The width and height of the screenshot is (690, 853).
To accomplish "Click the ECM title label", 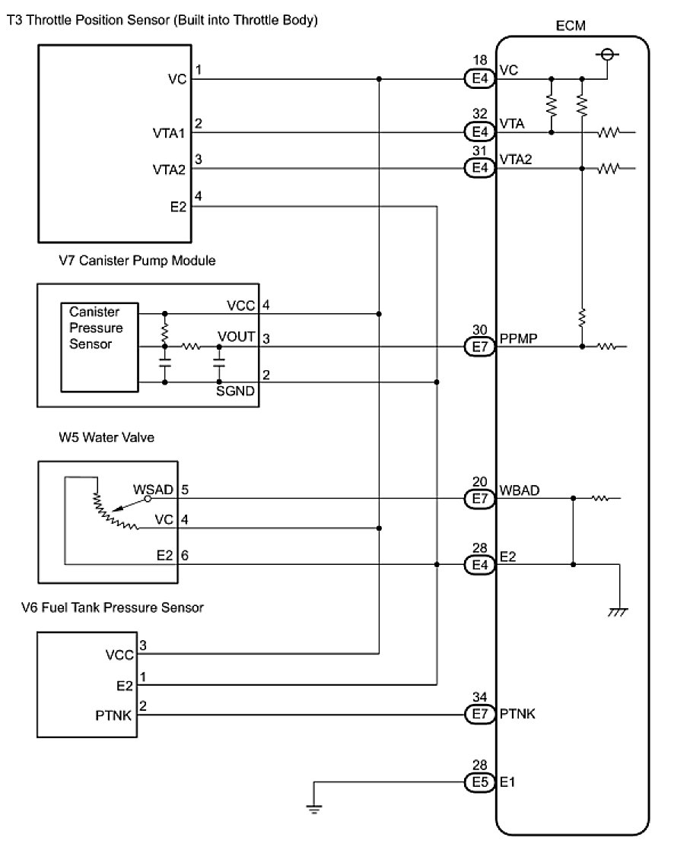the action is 571,26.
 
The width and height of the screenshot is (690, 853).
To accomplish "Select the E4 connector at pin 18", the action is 479,79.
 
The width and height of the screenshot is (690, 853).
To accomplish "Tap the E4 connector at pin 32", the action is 479,132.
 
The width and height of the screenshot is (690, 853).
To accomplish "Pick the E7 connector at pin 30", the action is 479,347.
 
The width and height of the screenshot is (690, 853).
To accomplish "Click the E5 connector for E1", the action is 479,782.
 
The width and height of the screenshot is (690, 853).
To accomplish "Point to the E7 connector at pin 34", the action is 479,714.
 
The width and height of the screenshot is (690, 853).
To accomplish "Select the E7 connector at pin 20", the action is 479,498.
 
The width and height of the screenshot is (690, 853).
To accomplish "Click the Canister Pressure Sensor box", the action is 100,347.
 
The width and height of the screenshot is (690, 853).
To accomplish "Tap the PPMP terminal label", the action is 518,338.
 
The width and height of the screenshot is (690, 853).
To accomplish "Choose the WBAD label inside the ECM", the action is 520,490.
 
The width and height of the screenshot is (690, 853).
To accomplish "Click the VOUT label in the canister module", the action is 237,337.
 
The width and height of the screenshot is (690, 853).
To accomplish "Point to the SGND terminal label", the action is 235,391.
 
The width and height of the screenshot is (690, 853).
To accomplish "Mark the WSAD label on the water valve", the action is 154,490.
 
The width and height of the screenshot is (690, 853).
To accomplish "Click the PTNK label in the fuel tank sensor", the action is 113,715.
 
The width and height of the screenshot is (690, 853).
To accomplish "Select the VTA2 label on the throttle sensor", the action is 169,170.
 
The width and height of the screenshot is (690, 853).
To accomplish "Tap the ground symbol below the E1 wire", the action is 314,808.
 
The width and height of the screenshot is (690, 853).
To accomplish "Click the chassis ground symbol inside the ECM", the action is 618,613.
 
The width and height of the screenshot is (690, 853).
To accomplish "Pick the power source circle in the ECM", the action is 608,55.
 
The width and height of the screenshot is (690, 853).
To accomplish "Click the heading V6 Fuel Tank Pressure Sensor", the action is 113,607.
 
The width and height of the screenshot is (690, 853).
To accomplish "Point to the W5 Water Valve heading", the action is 107,437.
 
